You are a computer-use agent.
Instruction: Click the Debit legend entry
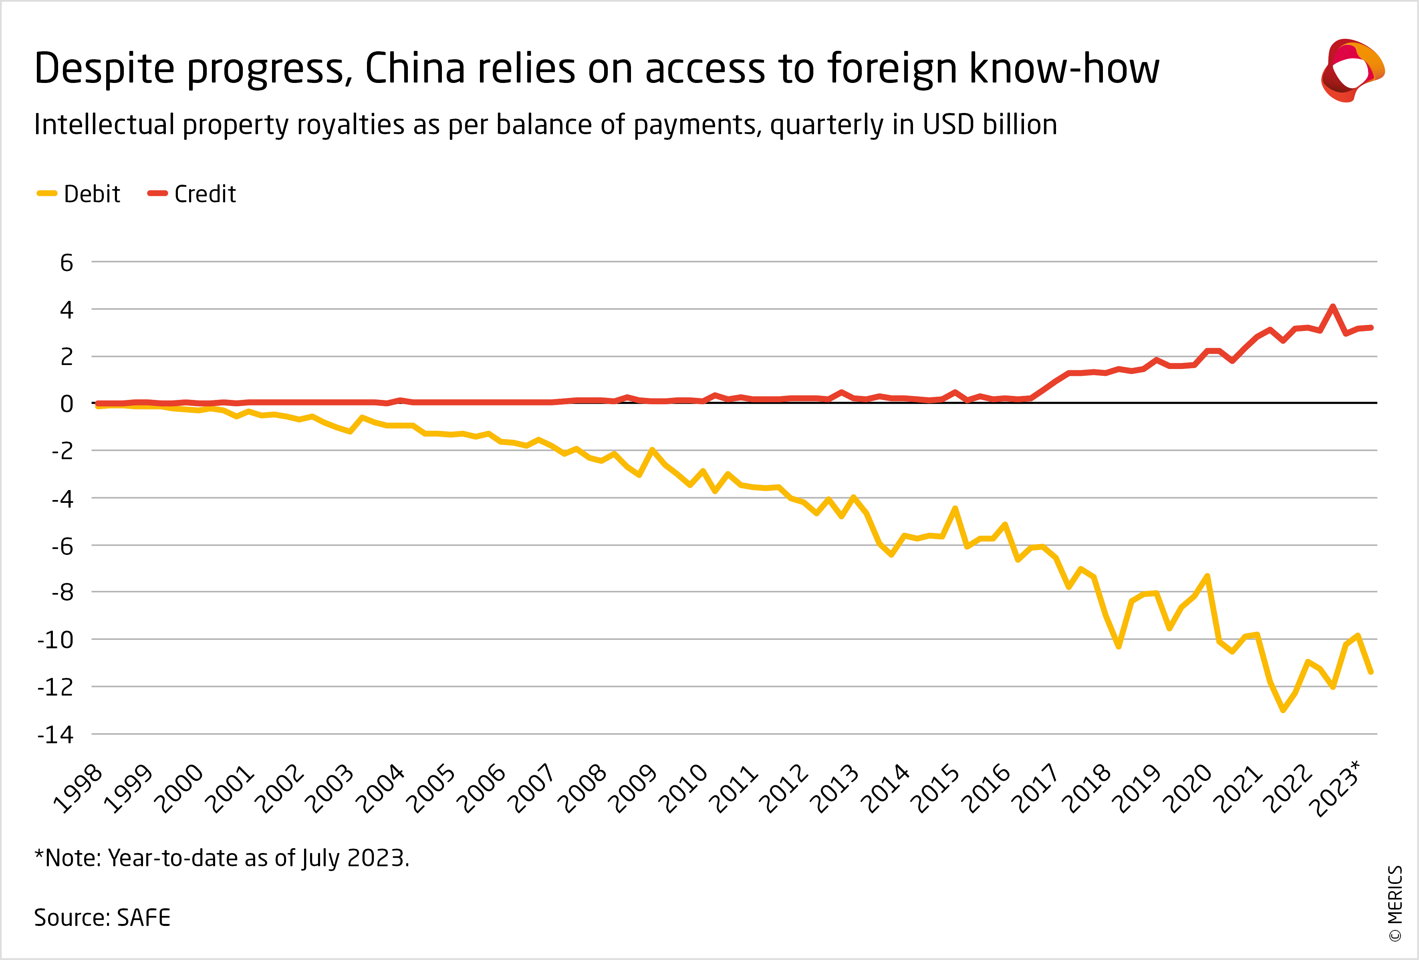tap(79, 194)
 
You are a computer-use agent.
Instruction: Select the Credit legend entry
tap(192, 194)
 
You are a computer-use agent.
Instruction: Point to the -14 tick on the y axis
tap(56, 735)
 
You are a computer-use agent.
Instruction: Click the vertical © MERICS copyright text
tap(1395, 904)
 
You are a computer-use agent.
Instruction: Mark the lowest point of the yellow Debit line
tap(1283, 710)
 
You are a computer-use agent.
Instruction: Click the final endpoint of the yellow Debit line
tap(1371, 672)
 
